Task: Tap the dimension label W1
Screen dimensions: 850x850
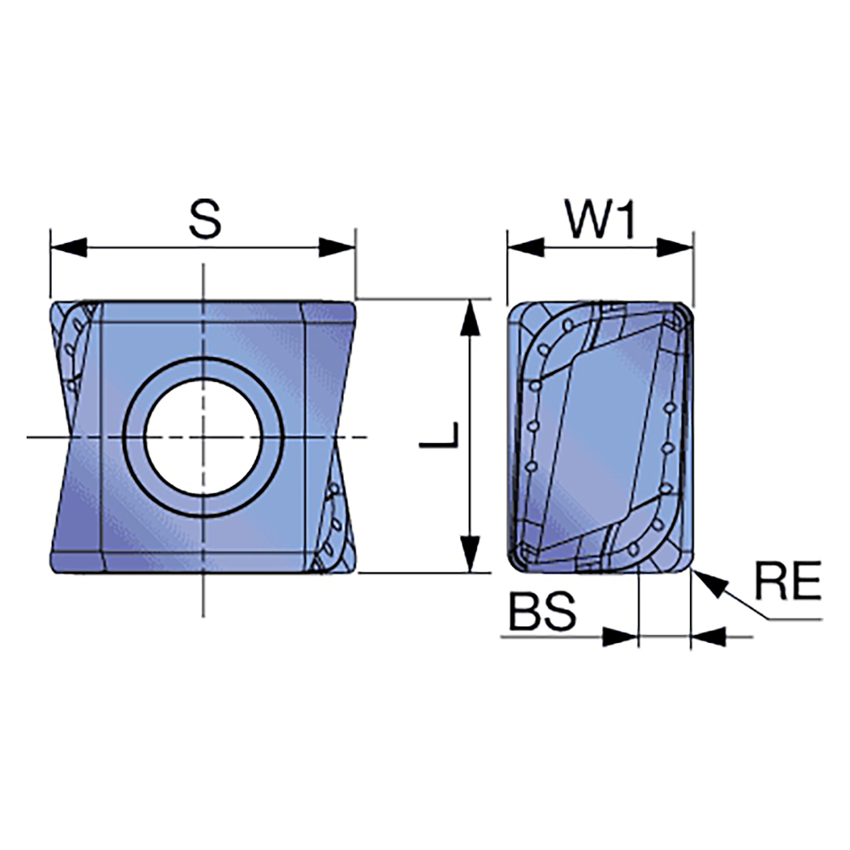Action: [x=600, y=220]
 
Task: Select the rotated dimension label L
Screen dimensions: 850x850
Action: [x=439, y=434]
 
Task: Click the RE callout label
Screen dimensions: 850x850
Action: [x=788, y=580]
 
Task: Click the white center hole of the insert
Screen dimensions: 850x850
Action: [x=203, y=437]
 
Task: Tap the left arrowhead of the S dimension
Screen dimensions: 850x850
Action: [x=68, y=248]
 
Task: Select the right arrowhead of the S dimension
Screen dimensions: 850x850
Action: [x=337, y=248]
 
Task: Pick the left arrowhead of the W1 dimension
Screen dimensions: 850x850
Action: [x=525, y=248]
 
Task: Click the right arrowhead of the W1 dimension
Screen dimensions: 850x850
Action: [x=675, y=248]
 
